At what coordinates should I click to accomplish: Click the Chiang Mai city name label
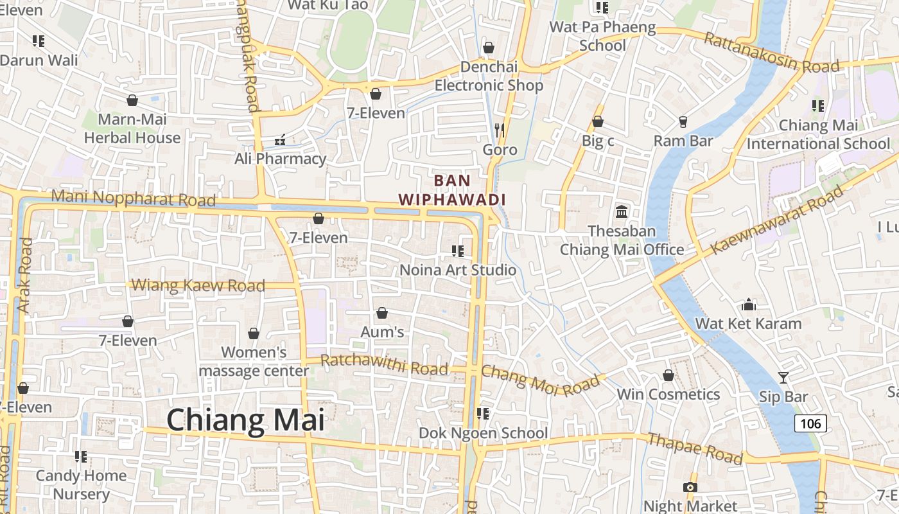coord(246,420)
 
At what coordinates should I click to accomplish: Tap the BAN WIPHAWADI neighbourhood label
coord(452,190)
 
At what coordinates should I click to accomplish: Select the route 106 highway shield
coord(810,423)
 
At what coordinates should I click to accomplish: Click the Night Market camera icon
coord(690,487)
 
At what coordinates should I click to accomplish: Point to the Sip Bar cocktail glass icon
coord(783,377)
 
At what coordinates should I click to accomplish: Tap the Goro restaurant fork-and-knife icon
coord(500,130)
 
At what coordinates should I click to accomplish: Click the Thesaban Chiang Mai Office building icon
coord(622,211)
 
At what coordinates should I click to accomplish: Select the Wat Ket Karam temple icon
coord(749,304)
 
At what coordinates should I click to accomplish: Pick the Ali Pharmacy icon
coord(280,139)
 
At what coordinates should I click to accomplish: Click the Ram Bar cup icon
coord(683,121)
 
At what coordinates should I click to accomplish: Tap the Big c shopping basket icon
coord(598,121)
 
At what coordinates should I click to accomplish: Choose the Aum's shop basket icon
coord(382,313)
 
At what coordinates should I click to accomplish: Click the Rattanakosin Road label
coord(771,53)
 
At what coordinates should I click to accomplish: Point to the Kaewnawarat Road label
coord(776,219)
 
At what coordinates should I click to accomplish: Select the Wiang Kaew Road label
coord(198,285)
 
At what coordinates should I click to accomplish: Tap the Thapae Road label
coord(695,448)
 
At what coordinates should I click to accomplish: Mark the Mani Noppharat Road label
coord(133,198)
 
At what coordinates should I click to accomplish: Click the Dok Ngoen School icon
coord(483,414)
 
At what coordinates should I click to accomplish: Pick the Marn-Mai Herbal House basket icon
coord(132,100)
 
